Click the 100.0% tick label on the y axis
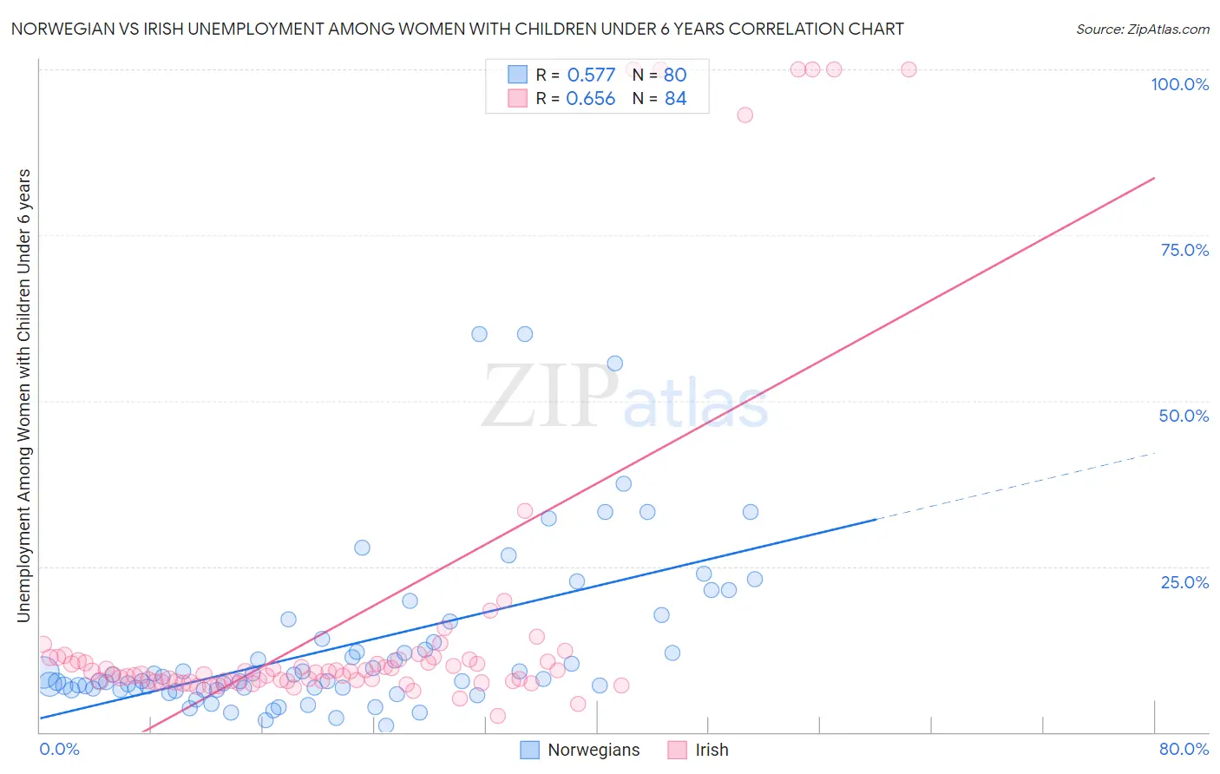(1179, 84)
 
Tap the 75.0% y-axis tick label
(1184, 250)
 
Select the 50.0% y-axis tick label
(1184, 416)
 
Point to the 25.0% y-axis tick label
(1184, 582)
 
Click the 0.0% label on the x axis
(59, 749)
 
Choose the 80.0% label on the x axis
(1184, 749)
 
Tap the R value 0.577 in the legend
(591, 75)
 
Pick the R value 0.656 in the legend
(591, 99)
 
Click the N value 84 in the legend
(675, 99)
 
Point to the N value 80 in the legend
(675, 75)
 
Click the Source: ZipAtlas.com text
(1142, 29)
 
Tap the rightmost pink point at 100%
(908, 69)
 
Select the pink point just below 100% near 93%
(744, 115)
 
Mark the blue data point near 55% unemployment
(614, 364)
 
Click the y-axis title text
(23, 396)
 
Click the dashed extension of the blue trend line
(1015, 486)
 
